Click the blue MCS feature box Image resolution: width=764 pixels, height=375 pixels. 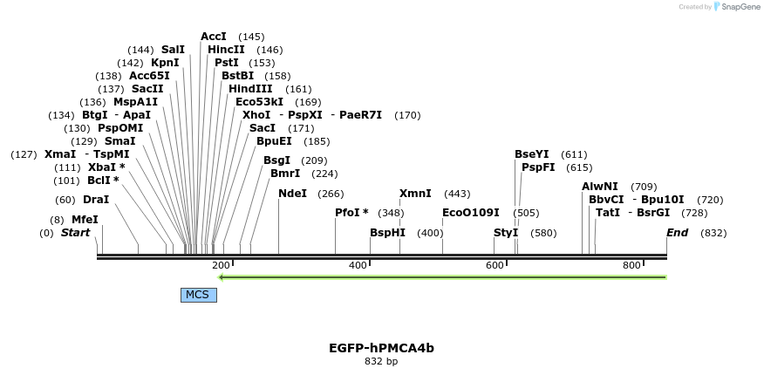(x=198, y=295)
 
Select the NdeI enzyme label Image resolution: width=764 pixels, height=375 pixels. (x=292, y=194)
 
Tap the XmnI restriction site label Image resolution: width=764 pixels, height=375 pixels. (x=415, y=194)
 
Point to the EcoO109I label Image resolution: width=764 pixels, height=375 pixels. (x=471, y=213)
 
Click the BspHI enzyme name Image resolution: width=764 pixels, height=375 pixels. (x=387, y=233)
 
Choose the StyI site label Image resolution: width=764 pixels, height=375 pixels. (x=506, y=233)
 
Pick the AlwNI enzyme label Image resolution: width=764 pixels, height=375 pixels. (x=600, y=187)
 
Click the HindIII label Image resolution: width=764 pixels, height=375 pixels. (x=250, y=89)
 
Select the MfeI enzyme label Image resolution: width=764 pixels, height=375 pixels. (x=85, y=220)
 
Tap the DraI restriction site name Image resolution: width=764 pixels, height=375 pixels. (x=96, y=200)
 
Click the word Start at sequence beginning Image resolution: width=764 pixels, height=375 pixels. (x=75, y=233)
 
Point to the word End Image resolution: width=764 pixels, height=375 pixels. (x=677, y=233)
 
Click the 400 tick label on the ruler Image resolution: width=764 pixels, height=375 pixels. (x=358, y=265)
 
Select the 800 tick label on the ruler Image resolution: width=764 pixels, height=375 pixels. (x=631, y=265)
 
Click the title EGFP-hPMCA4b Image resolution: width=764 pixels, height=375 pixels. (x=381, y=348)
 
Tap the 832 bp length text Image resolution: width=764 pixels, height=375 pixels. (x=381, y=361)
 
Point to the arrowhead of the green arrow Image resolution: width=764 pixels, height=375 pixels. (x=222, y=277)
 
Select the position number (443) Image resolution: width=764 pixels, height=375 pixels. (x=457, y=194)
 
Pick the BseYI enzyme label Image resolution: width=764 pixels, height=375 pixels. (x=531, y=154)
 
